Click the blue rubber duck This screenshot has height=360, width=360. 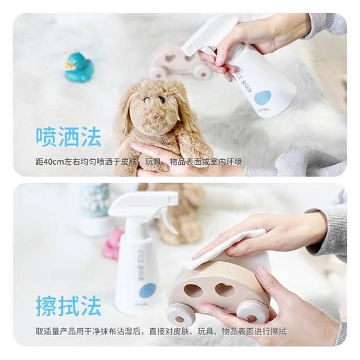pos(78,68)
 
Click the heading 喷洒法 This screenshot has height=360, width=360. pos(69,136)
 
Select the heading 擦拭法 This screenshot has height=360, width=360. pos(69,305)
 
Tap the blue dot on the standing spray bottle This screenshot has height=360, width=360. pos(147,291)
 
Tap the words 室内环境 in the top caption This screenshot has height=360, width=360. pos(225,162)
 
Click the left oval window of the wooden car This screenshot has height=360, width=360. pos(193,291)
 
